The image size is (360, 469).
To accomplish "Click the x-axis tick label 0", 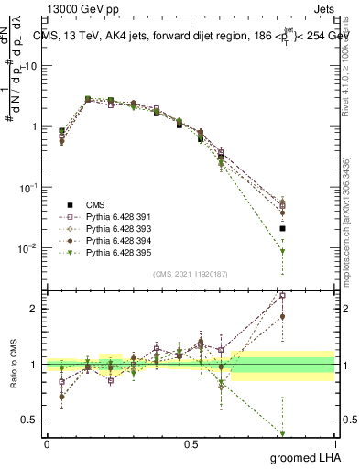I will [47, 443].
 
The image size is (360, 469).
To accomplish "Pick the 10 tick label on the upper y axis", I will [32, 66].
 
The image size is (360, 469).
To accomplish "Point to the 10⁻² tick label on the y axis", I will [29, 248].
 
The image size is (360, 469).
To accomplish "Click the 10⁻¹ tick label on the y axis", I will [29, 187].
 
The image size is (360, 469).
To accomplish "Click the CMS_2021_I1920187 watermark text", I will [190, 274].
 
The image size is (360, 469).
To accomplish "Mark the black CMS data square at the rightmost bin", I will [283, 228].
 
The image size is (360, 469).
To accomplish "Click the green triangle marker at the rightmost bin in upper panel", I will [283, 251].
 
